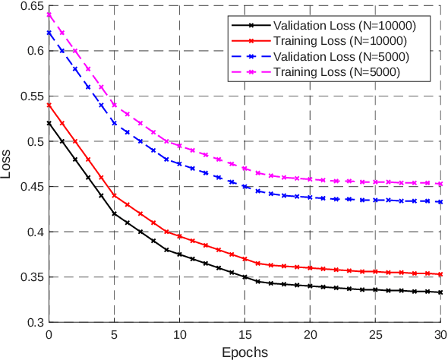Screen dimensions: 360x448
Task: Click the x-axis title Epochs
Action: click(x=245, y=352)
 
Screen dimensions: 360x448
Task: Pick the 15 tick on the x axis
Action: click(x=245, y=334)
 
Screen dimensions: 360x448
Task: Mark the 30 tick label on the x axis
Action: click(x=440, y=334)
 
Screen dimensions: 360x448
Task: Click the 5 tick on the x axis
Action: click(x=115, y=334)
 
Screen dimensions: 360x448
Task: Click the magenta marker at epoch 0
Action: click(x=49, y=14)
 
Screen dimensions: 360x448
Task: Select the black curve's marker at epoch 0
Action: click(x=49, y=123)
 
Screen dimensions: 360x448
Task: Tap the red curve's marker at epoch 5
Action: click(x=115, y=195)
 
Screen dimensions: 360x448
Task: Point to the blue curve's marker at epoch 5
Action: click(x=115, y=123)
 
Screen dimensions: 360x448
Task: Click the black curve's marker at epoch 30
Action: click(x=440, y=292)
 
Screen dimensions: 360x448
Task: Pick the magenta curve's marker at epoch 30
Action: click(x=440, y=184)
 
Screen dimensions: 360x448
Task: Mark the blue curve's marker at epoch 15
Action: click(x=245, y=186)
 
